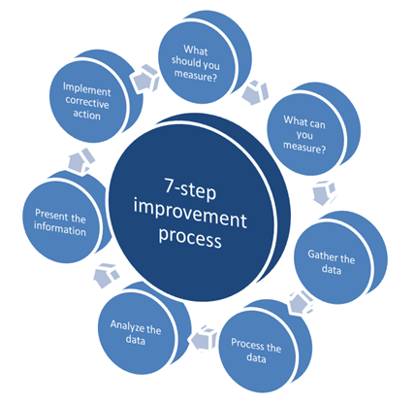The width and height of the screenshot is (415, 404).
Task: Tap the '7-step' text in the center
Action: point(190,188)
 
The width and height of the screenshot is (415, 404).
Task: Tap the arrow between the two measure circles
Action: point(255,92)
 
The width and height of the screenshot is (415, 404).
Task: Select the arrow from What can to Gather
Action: point(324,193)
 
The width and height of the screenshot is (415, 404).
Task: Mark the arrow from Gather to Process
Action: point(301,302)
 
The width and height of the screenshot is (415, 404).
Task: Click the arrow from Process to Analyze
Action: point(204,338)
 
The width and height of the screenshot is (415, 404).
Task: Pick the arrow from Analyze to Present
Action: point(107,275)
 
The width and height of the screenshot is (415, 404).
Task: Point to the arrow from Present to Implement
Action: point(81,160)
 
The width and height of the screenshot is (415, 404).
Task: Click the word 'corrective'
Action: point(87,102)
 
